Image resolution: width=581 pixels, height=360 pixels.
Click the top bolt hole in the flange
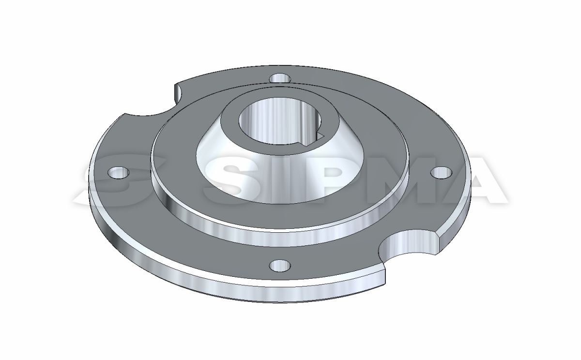(x=280, y=78)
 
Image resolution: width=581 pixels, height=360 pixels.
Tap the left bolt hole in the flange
(x=119, y=172)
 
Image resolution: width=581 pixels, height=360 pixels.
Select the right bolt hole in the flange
(x=442, y=173)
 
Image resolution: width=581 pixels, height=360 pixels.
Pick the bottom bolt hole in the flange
(x=280, y=265)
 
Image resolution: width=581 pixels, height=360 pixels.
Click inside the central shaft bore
(x=279, y=122)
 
